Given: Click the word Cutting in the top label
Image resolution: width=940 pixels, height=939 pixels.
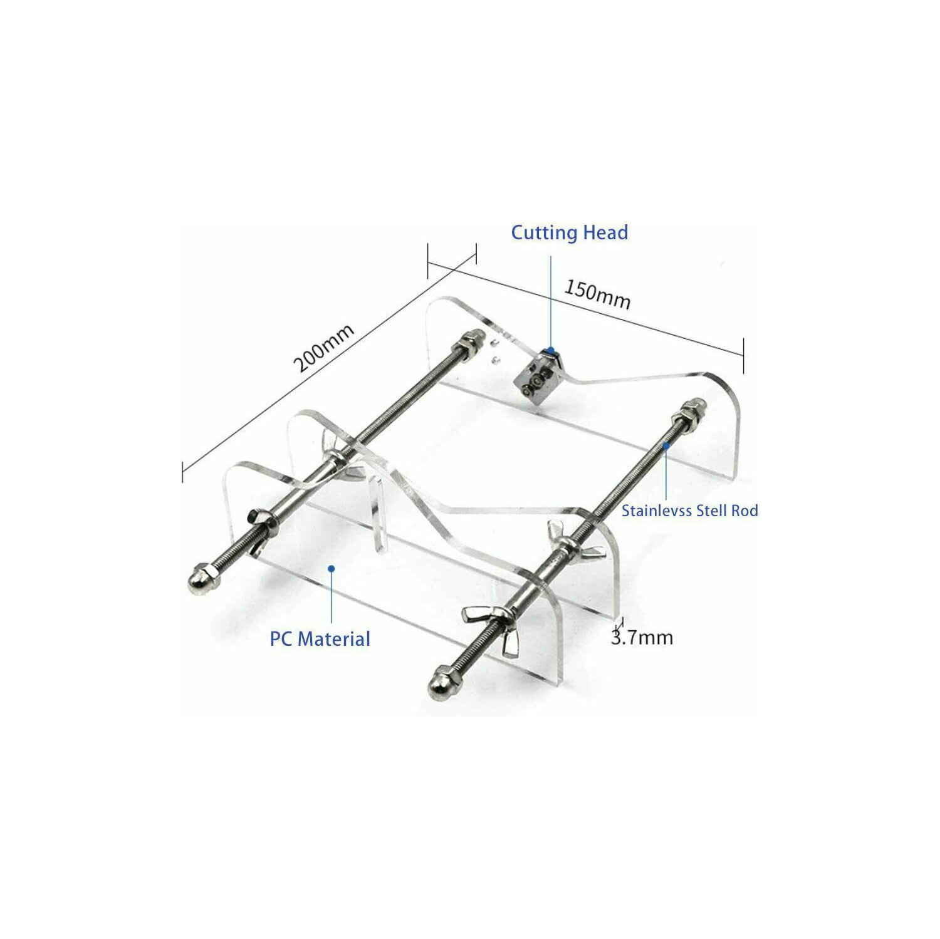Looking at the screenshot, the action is pyautogui.click(x=544, y=233).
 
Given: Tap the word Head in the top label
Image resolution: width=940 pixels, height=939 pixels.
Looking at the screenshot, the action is pyautogui.click(x=605, y=232).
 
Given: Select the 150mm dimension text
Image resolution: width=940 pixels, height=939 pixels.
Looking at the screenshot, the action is pyautogui.click(x=597, y=294).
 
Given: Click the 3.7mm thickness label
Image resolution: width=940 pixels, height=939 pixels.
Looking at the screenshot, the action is pyautogui.click(x=642, y=638).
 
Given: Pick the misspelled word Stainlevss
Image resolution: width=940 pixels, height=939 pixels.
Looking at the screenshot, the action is pyautogui.click(x=653, y=511).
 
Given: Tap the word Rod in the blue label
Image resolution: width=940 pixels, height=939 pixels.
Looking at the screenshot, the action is pyautogui.click(x=743, y=511).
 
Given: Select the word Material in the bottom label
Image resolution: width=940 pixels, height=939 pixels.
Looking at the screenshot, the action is pyautogui.click(x=334, y=639).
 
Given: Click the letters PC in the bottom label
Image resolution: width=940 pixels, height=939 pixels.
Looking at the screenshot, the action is pyautogui.click(x=281, y=639).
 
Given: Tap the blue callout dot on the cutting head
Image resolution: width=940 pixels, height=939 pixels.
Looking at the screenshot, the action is pyautogui.click(x=551, y=350).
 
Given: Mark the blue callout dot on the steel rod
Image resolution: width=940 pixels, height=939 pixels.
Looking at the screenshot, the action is pyautogui.click(x=667, y=445).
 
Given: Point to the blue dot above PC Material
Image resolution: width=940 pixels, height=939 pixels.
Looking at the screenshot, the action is pyautogui.click(x=332, y=568).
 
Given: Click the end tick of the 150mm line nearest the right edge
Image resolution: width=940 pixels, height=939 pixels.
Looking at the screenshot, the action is pyautogui.click(x=744, y=356).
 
